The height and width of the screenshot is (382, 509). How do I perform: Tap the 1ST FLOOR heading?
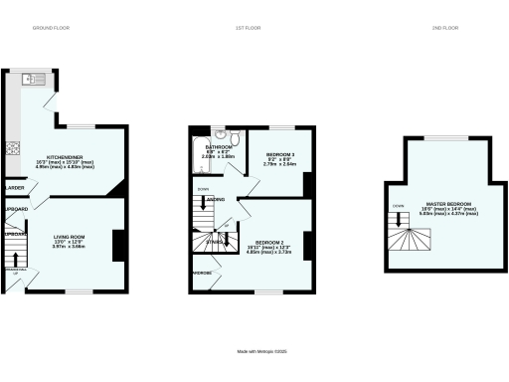click(248, 27)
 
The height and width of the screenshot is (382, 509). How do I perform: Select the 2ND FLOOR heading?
click(442, 27)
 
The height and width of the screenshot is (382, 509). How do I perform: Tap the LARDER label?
click(15, 187)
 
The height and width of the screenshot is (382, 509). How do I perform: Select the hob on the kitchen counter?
click(14, 148)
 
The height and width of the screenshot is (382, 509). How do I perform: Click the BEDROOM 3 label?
click(278, 154)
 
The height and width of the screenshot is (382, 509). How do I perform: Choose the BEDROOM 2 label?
click(270, 243)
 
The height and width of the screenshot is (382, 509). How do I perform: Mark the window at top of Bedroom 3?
click(279, 127)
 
